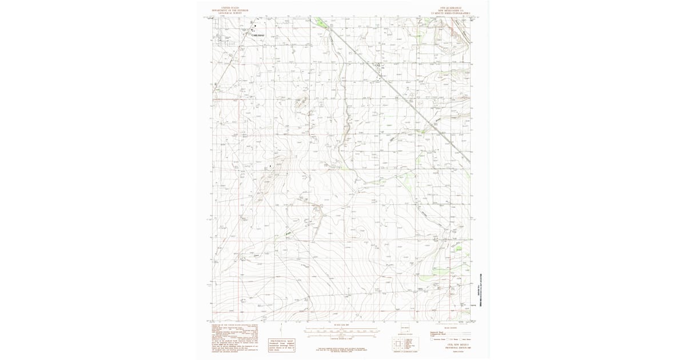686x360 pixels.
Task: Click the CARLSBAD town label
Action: coord(258,35)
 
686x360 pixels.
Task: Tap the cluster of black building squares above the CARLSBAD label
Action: coord(252,27)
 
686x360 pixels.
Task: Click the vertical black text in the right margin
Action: coord(478,294)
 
